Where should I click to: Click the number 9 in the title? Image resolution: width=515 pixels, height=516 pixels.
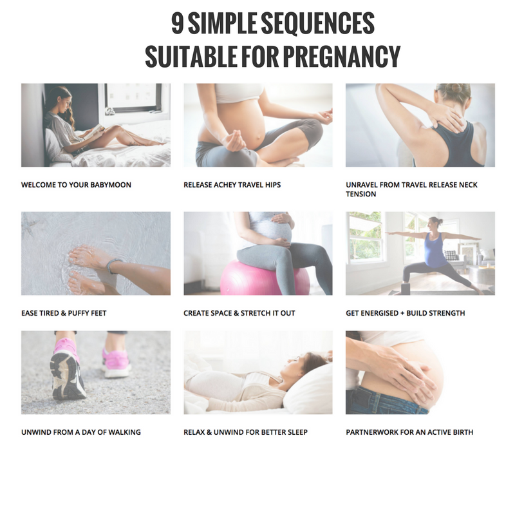(x=178, y=23)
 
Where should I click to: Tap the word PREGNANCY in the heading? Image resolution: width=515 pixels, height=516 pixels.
(x=342, y=57)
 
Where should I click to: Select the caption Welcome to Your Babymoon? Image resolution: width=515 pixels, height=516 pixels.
(x=77, y=185)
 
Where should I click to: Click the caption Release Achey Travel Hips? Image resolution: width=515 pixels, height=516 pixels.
(x=232, y=185)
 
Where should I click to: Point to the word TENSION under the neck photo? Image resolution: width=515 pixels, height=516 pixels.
(x=360, y=194)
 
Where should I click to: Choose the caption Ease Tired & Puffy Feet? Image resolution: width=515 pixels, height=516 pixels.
(x=64, y=313)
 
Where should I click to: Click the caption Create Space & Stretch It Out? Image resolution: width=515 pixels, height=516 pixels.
(x=239, y=313)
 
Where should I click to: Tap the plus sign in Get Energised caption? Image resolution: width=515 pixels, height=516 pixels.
(x=402, y=313)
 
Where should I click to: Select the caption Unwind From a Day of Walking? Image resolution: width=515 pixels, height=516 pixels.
(x=81, y=432)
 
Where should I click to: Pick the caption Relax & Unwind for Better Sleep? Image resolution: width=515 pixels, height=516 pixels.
(x=246, y=432)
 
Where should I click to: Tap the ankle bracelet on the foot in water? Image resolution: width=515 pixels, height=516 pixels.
(x=113, y=265)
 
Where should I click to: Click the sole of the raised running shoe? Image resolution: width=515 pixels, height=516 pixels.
(x=67, y=375)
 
